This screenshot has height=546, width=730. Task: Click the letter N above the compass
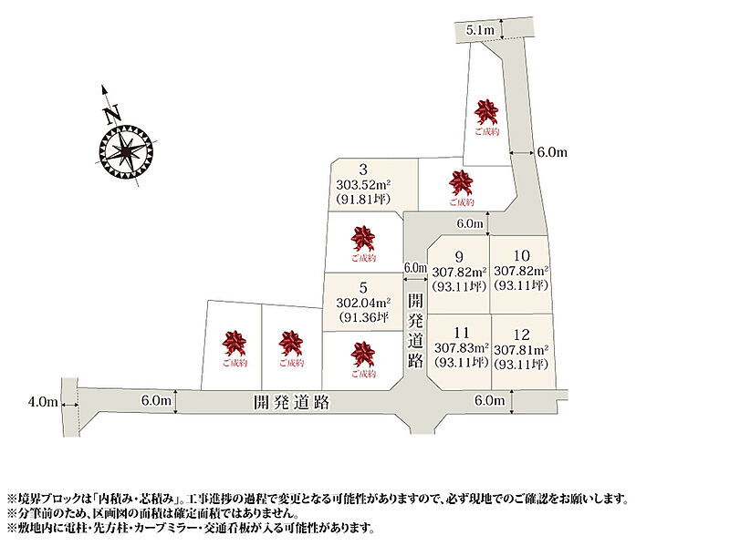coord(112,114)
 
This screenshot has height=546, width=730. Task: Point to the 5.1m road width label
coord(480,30)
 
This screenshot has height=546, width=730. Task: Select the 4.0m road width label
coord(43,402)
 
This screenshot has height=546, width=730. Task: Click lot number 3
coord(363,170)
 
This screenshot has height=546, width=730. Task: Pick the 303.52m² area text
coord(363,185)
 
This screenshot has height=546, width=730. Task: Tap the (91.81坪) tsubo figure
coord(363,199)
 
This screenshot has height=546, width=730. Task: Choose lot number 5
coord(363,288)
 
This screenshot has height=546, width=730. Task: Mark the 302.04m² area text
coord(363,303)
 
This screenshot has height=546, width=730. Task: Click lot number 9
coord(459,257)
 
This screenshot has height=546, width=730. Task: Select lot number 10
coord(521,255)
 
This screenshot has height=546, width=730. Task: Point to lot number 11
coord(462,333)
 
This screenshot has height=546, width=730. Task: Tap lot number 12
coord(521,335)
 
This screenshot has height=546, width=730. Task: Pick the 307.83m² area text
coord(462,348)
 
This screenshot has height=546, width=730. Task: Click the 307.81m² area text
coord(521,350)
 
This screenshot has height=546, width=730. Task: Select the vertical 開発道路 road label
coord(415,331)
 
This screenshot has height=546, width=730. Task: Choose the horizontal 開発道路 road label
coord(292,402)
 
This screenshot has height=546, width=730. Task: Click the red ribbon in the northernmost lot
coord(486,112)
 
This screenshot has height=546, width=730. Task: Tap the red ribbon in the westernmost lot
coord(235,344)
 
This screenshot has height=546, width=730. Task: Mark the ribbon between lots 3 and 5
coord(362,239)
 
